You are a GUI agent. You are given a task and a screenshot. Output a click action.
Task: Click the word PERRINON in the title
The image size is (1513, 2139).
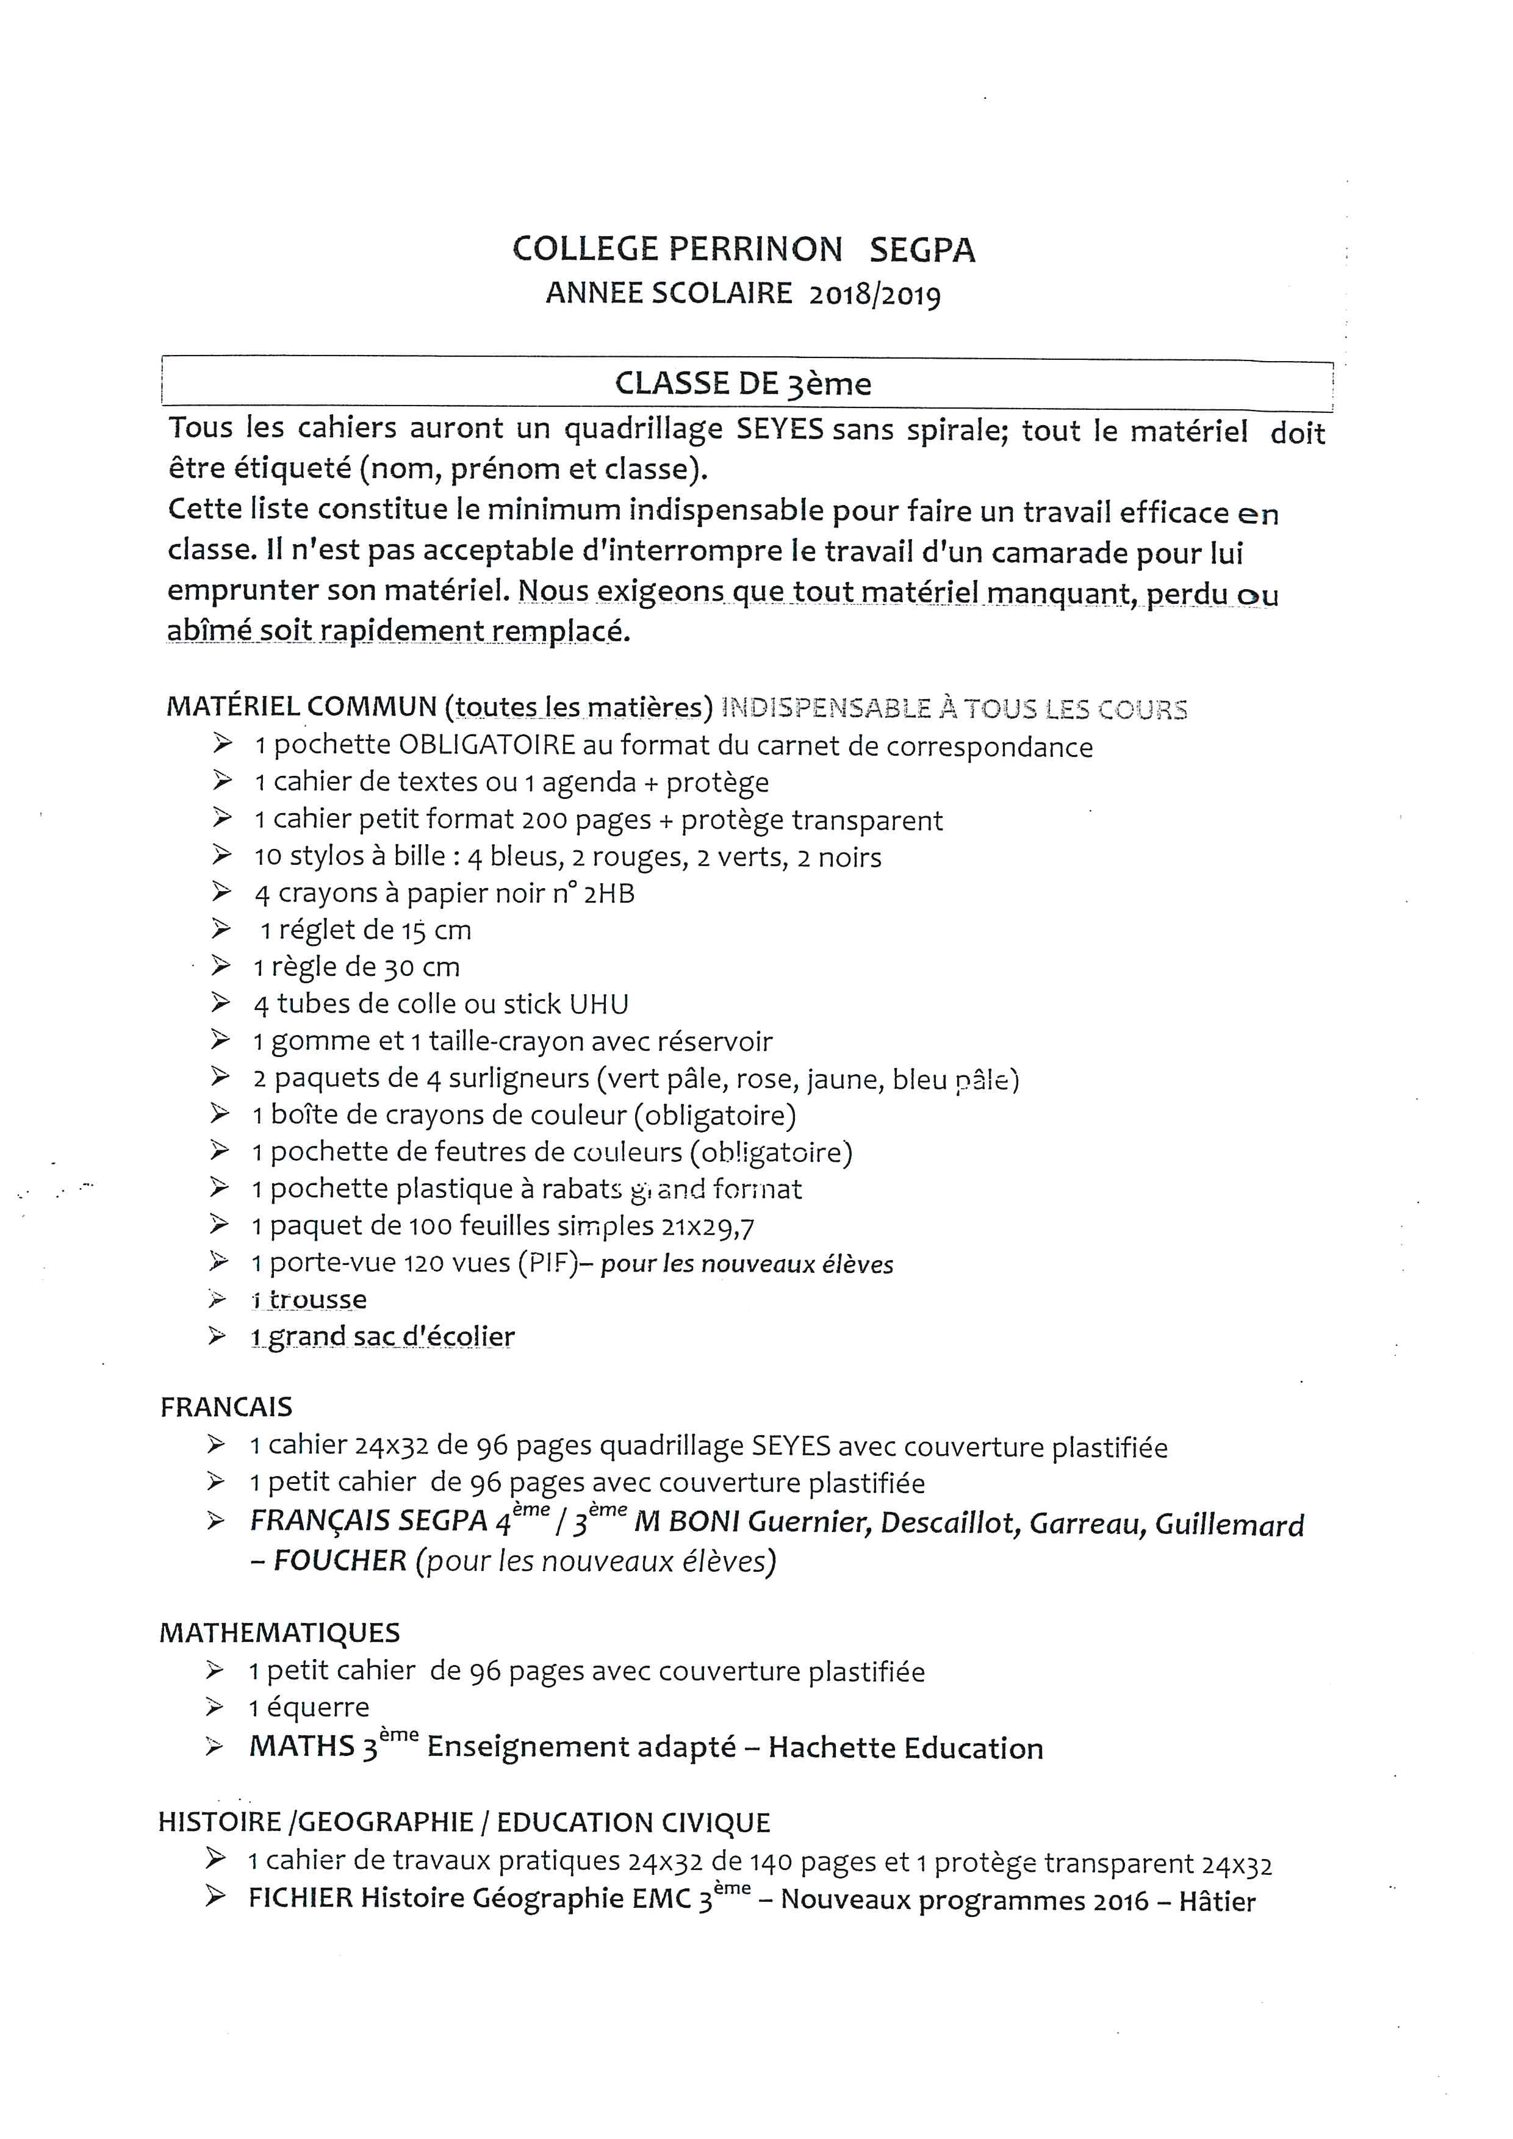point(755,249)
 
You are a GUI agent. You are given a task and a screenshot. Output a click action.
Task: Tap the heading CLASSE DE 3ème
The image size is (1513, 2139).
point(742,384)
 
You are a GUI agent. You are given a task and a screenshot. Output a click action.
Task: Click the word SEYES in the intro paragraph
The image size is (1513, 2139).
point(780,429)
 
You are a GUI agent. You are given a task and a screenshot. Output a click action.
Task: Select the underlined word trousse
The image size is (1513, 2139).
point(318,1300)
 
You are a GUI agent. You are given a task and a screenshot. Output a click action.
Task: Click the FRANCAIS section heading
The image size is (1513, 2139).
point(226,1406)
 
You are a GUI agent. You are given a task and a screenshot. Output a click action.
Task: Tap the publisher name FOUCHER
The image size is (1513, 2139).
point(340,1560)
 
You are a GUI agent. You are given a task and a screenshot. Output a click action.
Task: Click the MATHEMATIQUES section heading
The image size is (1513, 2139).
point(279,1632)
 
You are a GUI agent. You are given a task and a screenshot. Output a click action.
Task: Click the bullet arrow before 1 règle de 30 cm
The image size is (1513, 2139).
point(221,966)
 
